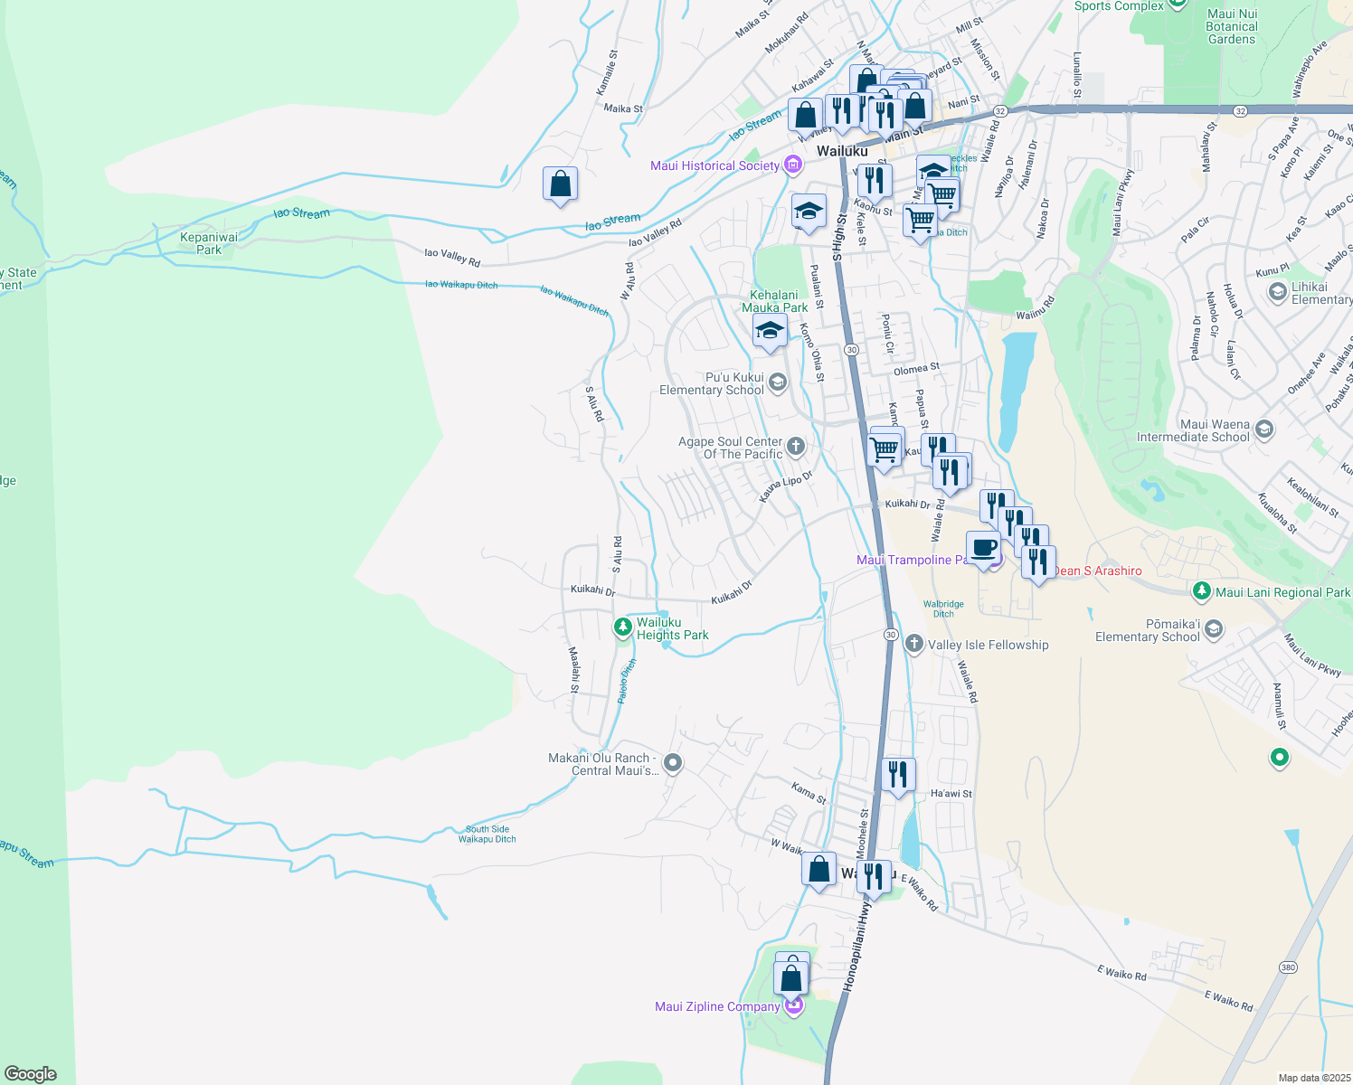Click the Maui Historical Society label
[714, 165]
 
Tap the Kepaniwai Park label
[209, 243]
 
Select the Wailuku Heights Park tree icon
[623, 627]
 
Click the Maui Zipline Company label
[717, 1006]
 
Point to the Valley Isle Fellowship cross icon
[913, 644]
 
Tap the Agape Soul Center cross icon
[796, 446]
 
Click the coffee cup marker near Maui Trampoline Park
[983, 548]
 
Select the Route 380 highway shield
[1288, 967]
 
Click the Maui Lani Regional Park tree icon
[1201, 591]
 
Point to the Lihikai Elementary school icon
[1277, 291]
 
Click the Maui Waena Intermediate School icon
[1264, 429]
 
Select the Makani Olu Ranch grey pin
[672, 764]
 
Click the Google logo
[30, 1074]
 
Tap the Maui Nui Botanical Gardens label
[1232, 26]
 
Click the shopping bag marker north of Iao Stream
[561, 184]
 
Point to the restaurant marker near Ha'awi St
[897, 775]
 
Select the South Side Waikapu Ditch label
[487, 834]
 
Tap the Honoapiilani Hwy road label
[857, 946]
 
